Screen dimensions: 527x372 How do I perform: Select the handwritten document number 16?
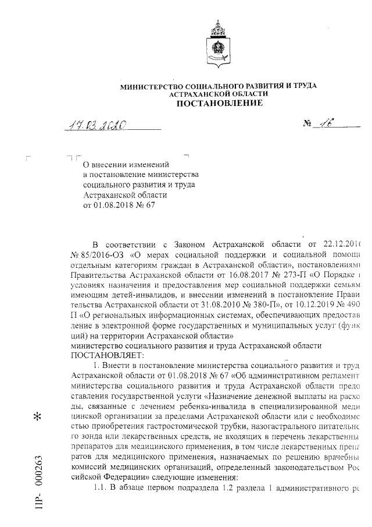329,124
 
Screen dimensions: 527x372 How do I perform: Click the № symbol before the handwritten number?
309,125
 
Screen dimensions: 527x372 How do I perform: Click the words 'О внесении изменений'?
126,165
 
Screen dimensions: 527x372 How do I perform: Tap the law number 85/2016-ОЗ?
102,254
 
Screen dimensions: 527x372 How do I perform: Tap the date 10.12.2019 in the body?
320,304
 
